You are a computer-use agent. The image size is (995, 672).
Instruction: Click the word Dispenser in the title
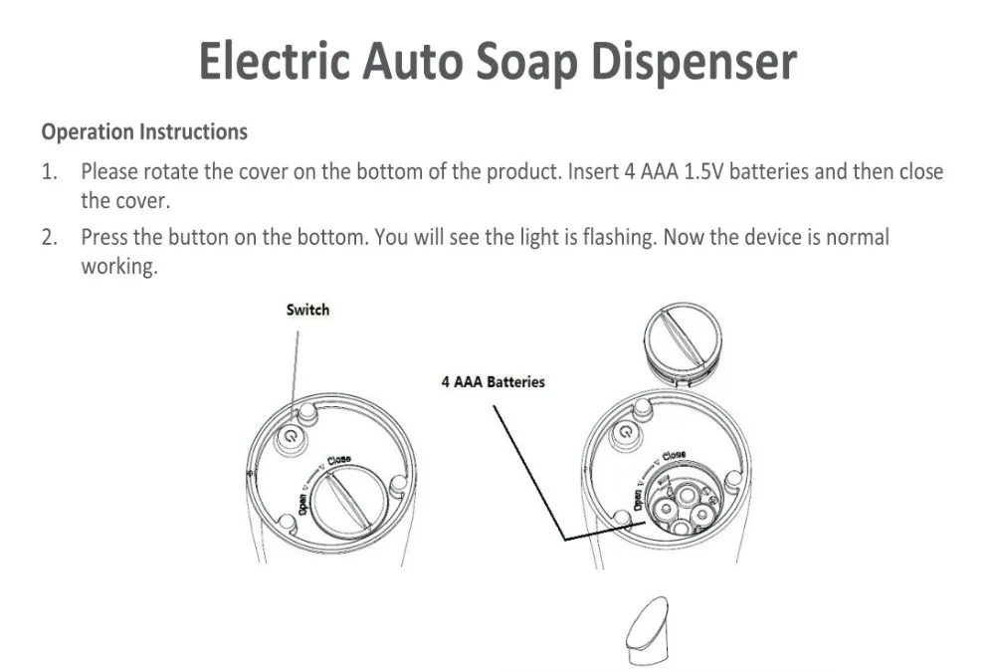(694, 62)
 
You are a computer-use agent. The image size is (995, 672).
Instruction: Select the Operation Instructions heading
(144, 131)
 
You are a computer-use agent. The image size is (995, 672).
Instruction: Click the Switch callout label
(307, 310)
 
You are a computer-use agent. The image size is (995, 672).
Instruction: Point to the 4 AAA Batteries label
(494, 381)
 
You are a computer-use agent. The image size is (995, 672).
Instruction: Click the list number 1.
(48, 172)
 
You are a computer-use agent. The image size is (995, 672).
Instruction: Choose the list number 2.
(48, 238)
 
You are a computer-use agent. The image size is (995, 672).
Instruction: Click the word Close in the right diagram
(674, 456)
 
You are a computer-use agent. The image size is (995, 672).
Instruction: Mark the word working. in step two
(119, 268)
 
